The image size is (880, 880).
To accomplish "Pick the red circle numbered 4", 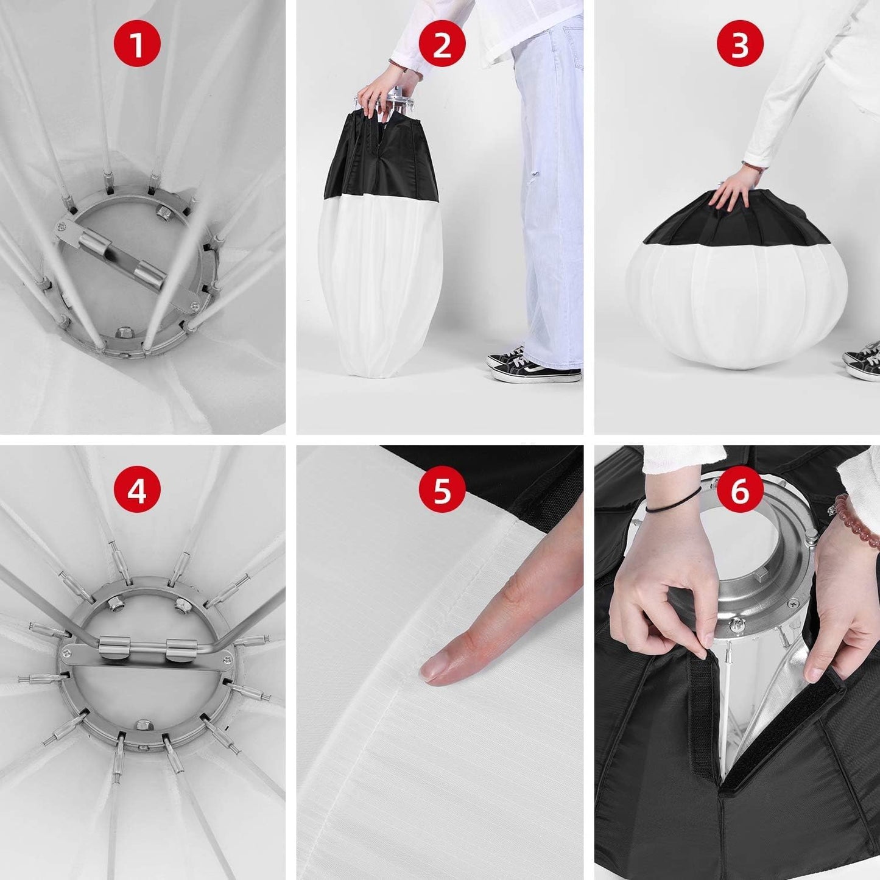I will point(137,490).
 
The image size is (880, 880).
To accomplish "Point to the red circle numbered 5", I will point(442,490).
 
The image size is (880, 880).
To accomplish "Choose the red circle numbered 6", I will point(739,490).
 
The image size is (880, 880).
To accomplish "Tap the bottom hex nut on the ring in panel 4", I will point(144,725).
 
